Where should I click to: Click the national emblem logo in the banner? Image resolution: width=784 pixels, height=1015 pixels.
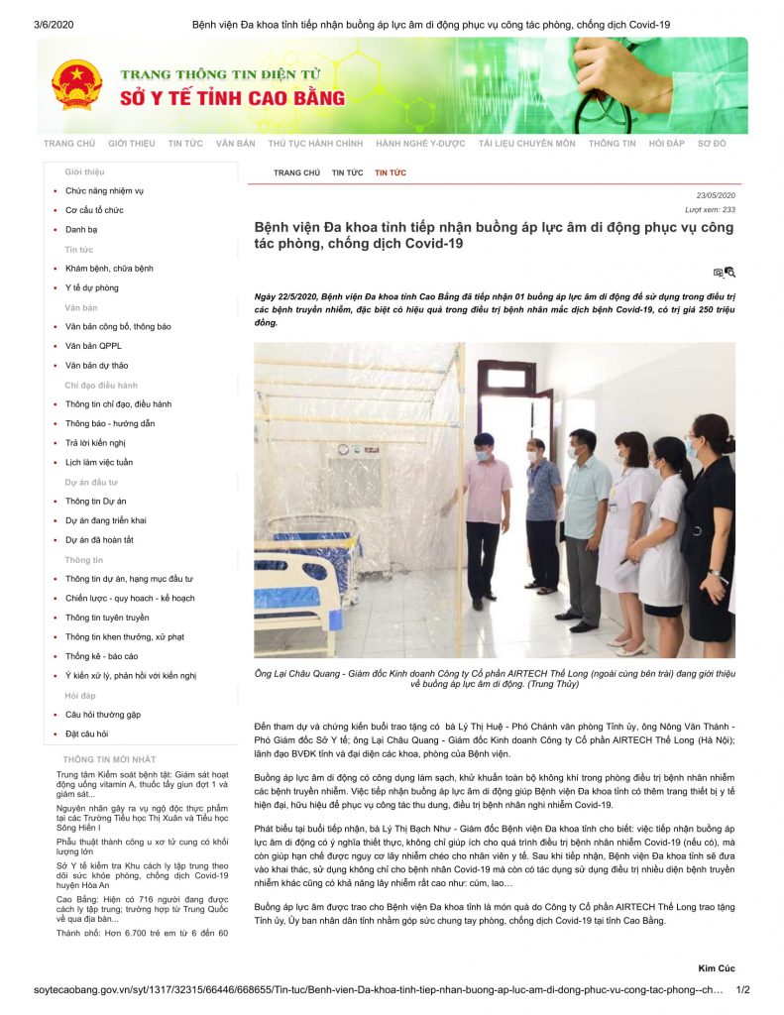tap(76, 84)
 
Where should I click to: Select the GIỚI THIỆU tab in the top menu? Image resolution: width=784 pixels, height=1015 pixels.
tap(131, 144)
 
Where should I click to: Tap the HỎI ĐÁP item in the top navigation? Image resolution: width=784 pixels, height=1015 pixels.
tap(666, 144)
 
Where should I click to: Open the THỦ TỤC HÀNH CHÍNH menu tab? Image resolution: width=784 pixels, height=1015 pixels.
tap(315, 144)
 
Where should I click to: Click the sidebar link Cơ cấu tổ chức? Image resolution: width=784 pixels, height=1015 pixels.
tap(94, 210)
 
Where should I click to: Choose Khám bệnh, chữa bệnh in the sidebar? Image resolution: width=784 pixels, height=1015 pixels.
tap(109, 269)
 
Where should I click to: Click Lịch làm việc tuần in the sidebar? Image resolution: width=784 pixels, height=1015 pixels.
tap(99, 463)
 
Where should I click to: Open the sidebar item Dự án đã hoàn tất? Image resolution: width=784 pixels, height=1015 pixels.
tap(99, 540)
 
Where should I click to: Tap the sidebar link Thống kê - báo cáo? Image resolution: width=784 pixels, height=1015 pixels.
tap(101, 656)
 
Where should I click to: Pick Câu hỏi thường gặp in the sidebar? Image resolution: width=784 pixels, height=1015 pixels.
tap(103, 715)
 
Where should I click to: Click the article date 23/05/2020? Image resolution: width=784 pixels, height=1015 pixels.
tap(715, 195)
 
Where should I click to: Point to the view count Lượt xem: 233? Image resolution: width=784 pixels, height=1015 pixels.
tap(710, 210)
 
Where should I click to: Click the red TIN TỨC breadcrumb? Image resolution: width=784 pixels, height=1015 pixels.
tap(390, 173)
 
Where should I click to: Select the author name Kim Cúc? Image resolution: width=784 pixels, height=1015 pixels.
tap(716, 967)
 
